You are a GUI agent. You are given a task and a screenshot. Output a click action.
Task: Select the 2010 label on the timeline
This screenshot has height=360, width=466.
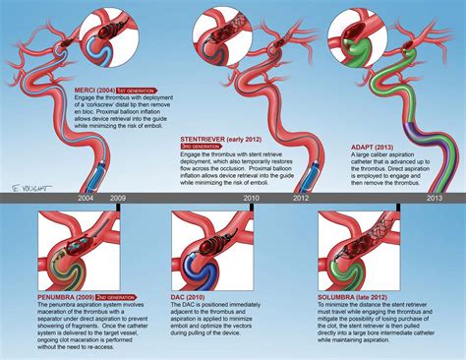click(x=252, y=199)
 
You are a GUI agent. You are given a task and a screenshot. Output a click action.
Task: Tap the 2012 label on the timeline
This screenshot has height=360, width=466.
click(x=299, y=199)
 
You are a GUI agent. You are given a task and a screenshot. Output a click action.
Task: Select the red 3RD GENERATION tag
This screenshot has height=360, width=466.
click(x=203, y=150)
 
